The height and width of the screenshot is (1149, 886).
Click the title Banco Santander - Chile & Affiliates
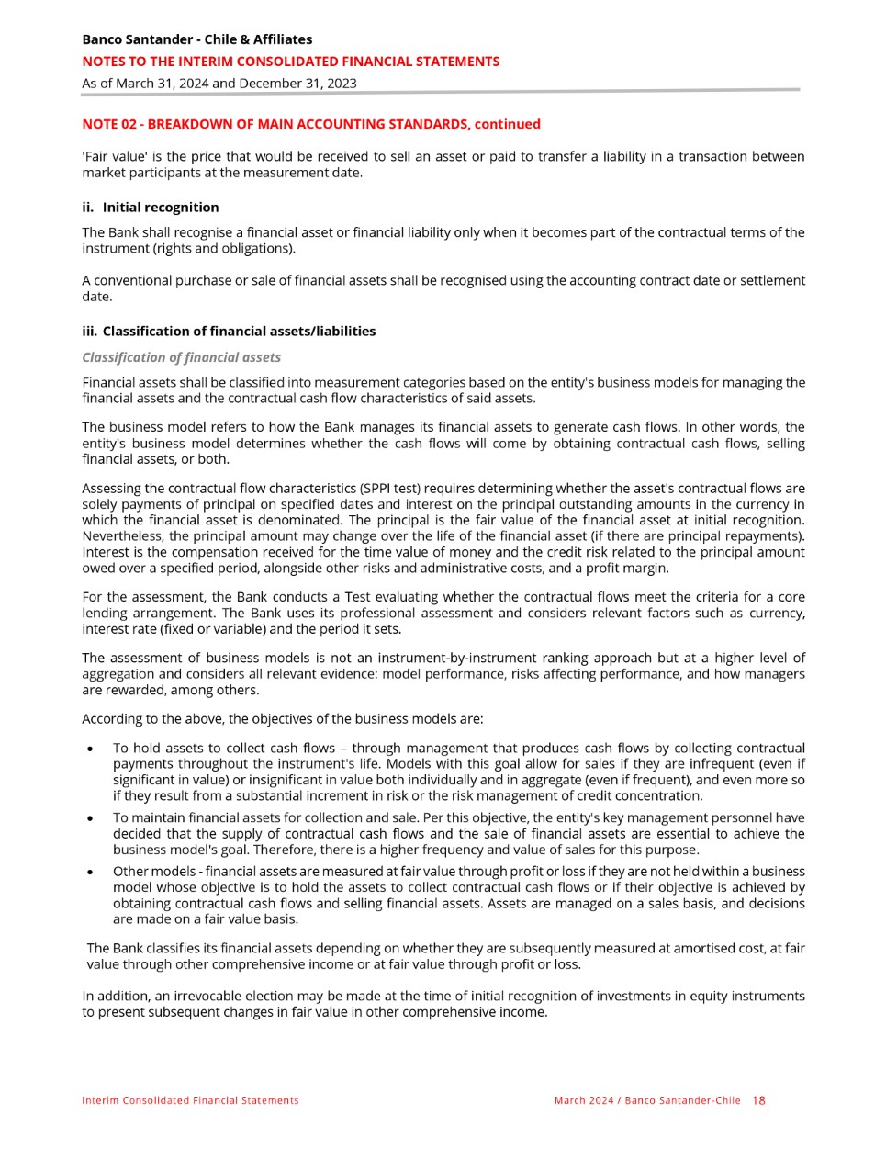click(x=196, y=39)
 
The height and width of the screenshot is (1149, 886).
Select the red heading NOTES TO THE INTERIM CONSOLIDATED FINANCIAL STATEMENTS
click(x=291, y=62)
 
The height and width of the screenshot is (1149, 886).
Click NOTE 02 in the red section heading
click(x=110, y=124)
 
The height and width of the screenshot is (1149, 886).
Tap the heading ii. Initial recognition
click(x=151, y=208)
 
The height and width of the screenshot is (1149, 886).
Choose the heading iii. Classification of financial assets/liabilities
click(x=229, y=332)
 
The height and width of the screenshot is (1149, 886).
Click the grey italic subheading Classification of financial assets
click(x=181, y=357)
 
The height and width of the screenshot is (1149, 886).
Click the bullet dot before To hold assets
click(x=89, y=749)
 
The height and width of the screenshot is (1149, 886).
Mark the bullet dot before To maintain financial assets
click(x=89, y=818)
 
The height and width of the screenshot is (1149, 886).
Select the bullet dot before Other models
click(x=89, y=872)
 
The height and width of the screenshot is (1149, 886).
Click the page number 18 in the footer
click(x=758, y=1100)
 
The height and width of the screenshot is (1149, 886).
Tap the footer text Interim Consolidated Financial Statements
click(x=190, y=1100)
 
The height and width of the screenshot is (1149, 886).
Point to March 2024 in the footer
click(x=583, y=1100)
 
